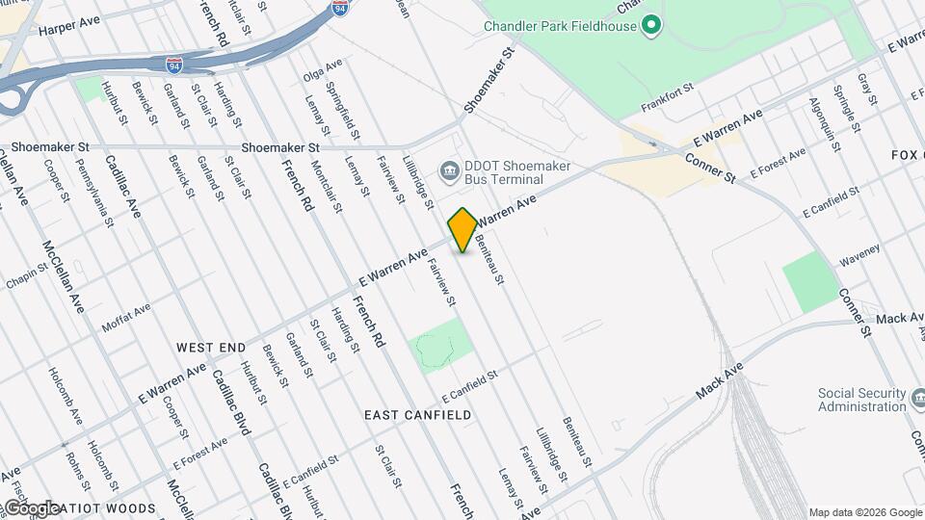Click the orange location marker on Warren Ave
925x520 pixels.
[462, 229]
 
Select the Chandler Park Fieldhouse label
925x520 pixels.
[560, 26]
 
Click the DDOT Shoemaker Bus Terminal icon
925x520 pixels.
[449, 172]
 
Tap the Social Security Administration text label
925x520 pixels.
[861, 400]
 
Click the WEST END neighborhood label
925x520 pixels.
[211, 346]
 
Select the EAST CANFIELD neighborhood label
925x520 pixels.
[418, 415]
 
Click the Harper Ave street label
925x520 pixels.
[70, 30]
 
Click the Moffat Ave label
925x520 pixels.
[126, 316]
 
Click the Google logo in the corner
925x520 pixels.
[32, 507]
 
